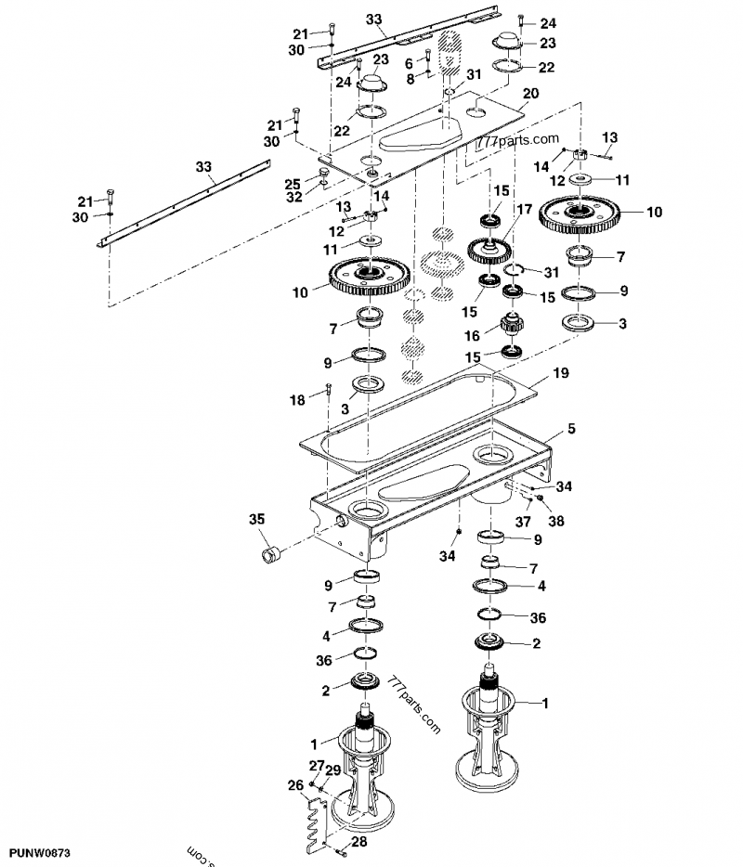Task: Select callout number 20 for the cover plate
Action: click(530, 93)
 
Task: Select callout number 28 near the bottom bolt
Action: click(359, 843)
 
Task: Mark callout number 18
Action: click(297, 399)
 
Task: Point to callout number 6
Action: click(409, 62)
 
